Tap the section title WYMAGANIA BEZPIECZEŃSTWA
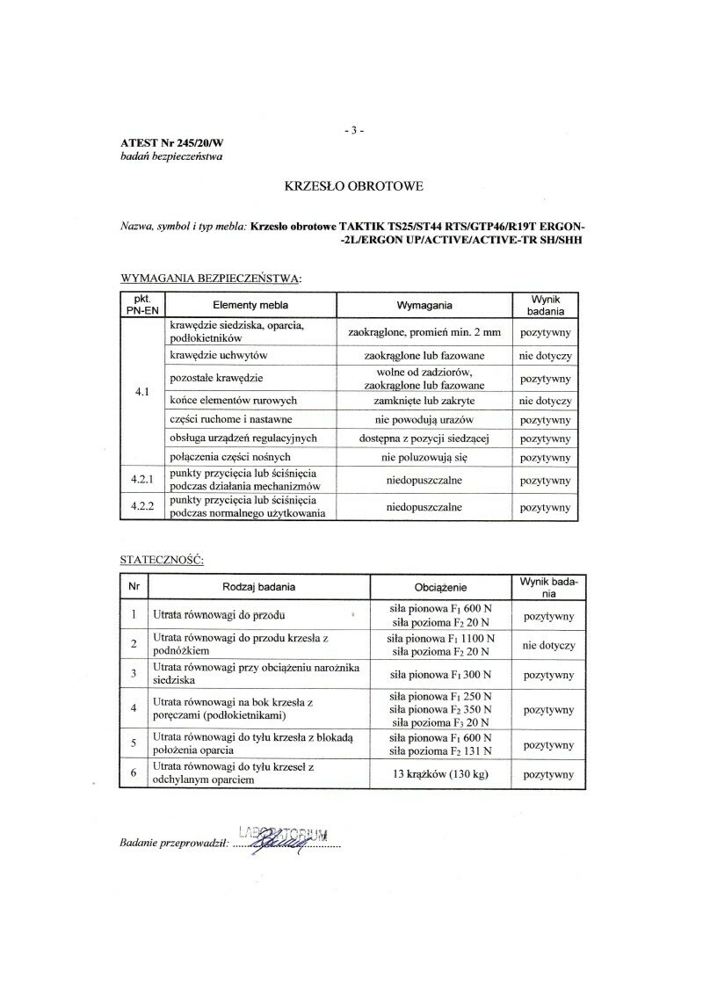point(210,279)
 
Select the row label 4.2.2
point(141,507)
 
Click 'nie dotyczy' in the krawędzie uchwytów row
point(546,356)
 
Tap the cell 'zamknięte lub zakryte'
point(424,401)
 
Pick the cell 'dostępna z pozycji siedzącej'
point(424,438)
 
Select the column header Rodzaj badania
point(258,586)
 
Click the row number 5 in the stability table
point(133,743)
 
